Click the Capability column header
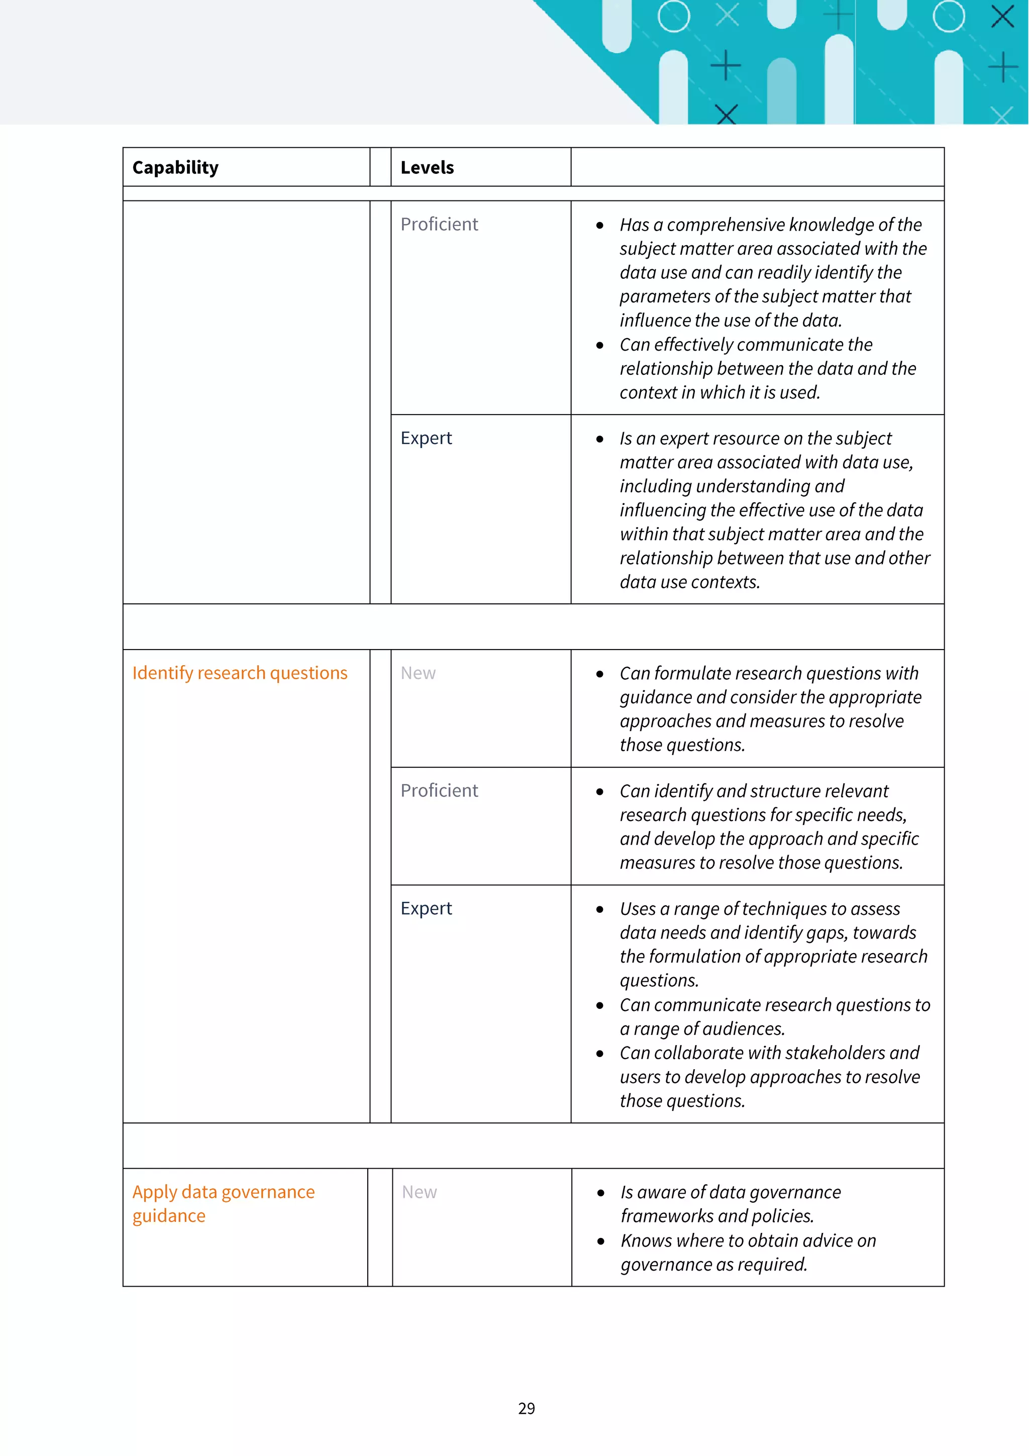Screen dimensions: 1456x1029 (175, 167)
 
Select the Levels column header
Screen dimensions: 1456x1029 (427, 167)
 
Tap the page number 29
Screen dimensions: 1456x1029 (526, 1408)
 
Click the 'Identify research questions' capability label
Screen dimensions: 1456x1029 (240, 673)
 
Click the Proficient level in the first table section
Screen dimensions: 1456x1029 (439, 225)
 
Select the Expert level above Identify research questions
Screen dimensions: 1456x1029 (426, 438)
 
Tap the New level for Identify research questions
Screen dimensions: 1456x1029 (418, 673)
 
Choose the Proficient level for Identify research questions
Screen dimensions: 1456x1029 (439, 791)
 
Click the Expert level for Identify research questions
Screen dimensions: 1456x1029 (426, 909)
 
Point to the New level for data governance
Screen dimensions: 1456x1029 (419, 1192)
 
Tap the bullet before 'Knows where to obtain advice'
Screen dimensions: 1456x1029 (600, 1241)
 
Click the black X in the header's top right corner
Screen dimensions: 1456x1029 (1002, 17)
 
